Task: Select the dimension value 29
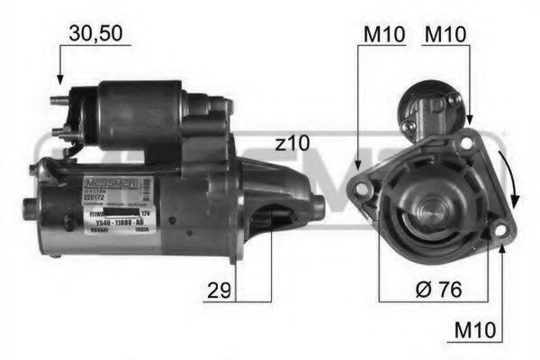(216, 290)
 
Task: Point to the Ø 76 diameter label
(438, 290)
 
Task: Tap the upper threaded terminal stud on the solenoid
(59, 101)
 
